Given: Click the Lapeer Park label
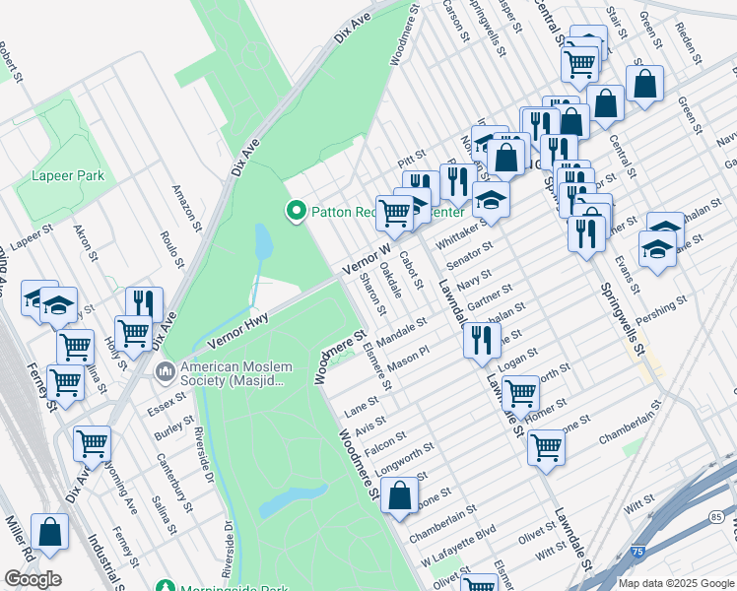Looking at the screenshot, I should pos(68,175).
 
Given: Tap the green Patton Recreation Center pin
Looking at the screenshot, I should pos(294,210).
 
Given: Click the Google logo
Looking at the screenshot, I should pos(33,579).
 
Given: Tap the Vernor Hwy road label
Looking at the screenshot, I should pos(238,330).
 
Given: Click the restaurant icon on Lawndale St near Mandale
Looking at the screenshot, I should pos(481,341).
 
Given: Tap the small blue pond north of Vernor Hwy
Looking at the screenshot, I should pos(263,241).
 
